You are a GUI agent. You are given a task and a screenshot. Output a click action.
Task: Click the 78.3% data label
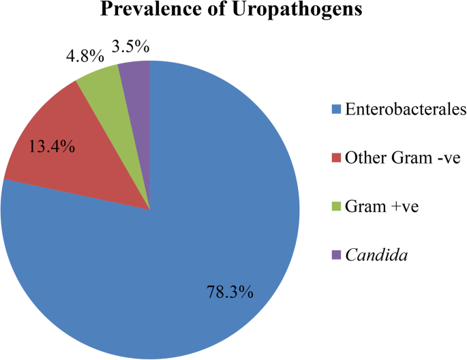(230, 292)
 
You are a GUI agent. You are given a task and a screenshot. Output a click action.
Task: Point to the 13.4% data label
(51, 145)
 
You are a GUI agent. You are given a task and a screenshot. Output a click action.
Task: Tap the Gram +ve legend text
(376, 207)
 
